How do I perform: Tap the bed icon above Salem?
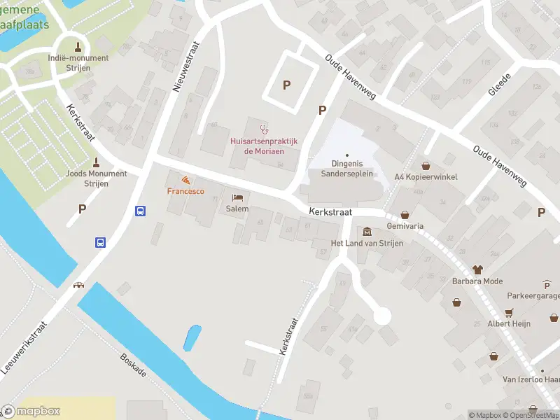[237, 198]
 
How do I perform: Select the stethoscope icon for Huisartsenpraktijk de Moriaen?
[264, 129]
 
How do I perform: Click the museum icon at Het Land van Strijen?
[367, 232]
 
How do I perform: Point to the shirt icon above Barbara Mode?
[478, 269]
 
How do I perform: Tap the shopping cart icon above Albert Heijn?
[510, 312]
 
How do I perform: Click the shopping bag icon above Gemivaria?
[405, 216]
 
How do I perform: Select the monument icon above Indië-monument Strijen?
[78, 47]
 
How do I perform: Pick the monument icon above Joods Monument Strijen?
[96, 162]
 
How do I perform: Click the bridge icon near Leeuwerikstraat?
[78, 285]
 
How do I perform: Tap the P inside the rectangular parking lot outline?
[286, 85]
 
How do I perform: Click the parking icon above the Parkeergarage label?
[547, 284]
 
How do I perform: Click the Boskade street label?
[132, 364]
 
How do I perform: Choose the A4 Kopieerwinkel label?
[426, 177]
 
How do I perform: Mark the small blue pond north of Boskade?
[192, 339]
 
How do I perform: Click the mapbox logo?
[31, 411]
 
